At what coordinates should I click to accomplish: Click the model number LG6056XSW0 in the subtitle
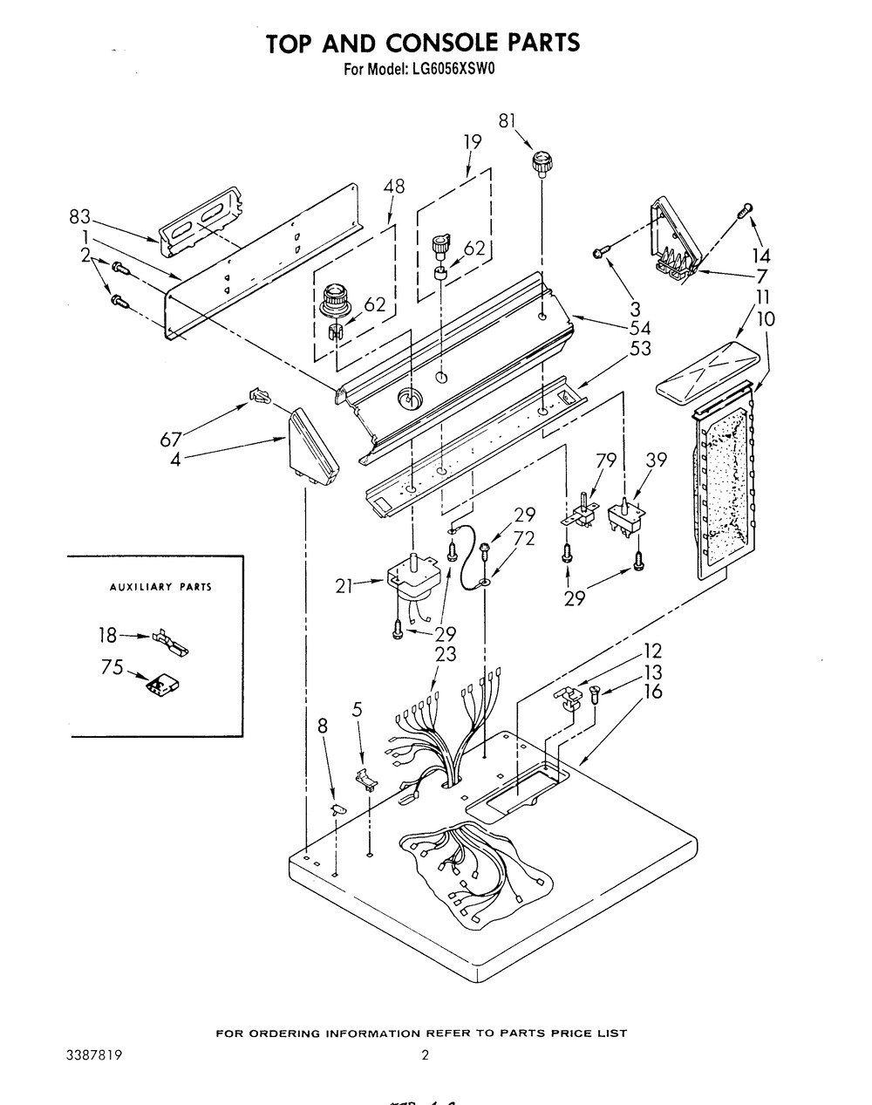(453, 68)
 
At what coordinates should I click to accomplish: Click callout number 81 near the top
(507, 122)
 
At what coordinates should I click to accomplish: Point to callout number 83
(79, 217)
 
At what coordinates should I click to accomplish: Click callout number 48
(394, 186)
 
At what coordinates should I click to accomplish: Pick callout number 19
(473, 141)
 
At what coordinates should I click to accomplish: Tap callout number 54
(640, 328)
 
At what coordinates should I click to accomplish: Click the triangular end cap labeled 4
(311, 447)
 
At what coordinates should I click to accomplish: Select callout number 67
(171, 440)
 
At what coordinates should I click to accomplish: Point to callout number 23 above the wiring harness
(446, 654)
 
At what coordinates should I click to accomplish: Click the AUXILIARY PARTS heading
(160, 586)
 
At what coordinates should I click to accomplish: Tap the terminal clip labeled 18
(170, 643)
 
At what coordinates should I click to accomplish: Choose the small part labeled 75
(163, 684)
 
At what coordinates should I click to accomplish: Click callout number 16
(653, 692)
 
